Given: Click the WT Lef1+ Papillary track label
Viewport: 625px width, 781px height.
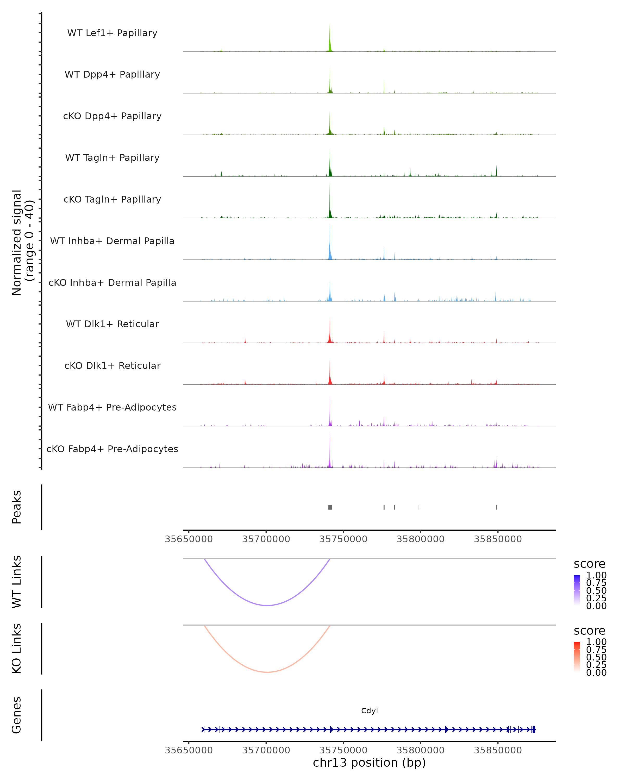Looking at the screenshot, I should pyautogui.click(x=112, y=33).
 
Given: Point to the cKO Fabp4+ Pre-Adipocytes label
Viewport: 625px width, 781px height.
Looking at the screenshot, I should pyautogui.click(x=112, y=449).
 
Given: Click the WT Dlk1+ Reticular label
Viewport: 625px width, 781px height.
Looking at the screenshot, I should pyautogui.click(x=112, y=324).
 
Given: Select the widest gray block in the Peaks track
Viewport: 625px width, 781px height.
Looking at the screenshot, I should pyautogui.click(x=330, y=507).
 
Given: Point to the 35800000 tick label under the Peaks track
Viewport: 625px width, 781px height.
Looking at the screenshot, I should pyautogui.click(x=420, y=539).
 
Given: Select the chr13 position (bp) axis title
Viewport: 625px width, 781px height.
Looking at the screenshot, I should pyautogui.click(x=369, y=763).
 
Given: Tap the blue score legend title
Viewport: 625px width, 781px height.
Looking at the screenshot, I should pyautogui.click(x=589, y=564).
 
